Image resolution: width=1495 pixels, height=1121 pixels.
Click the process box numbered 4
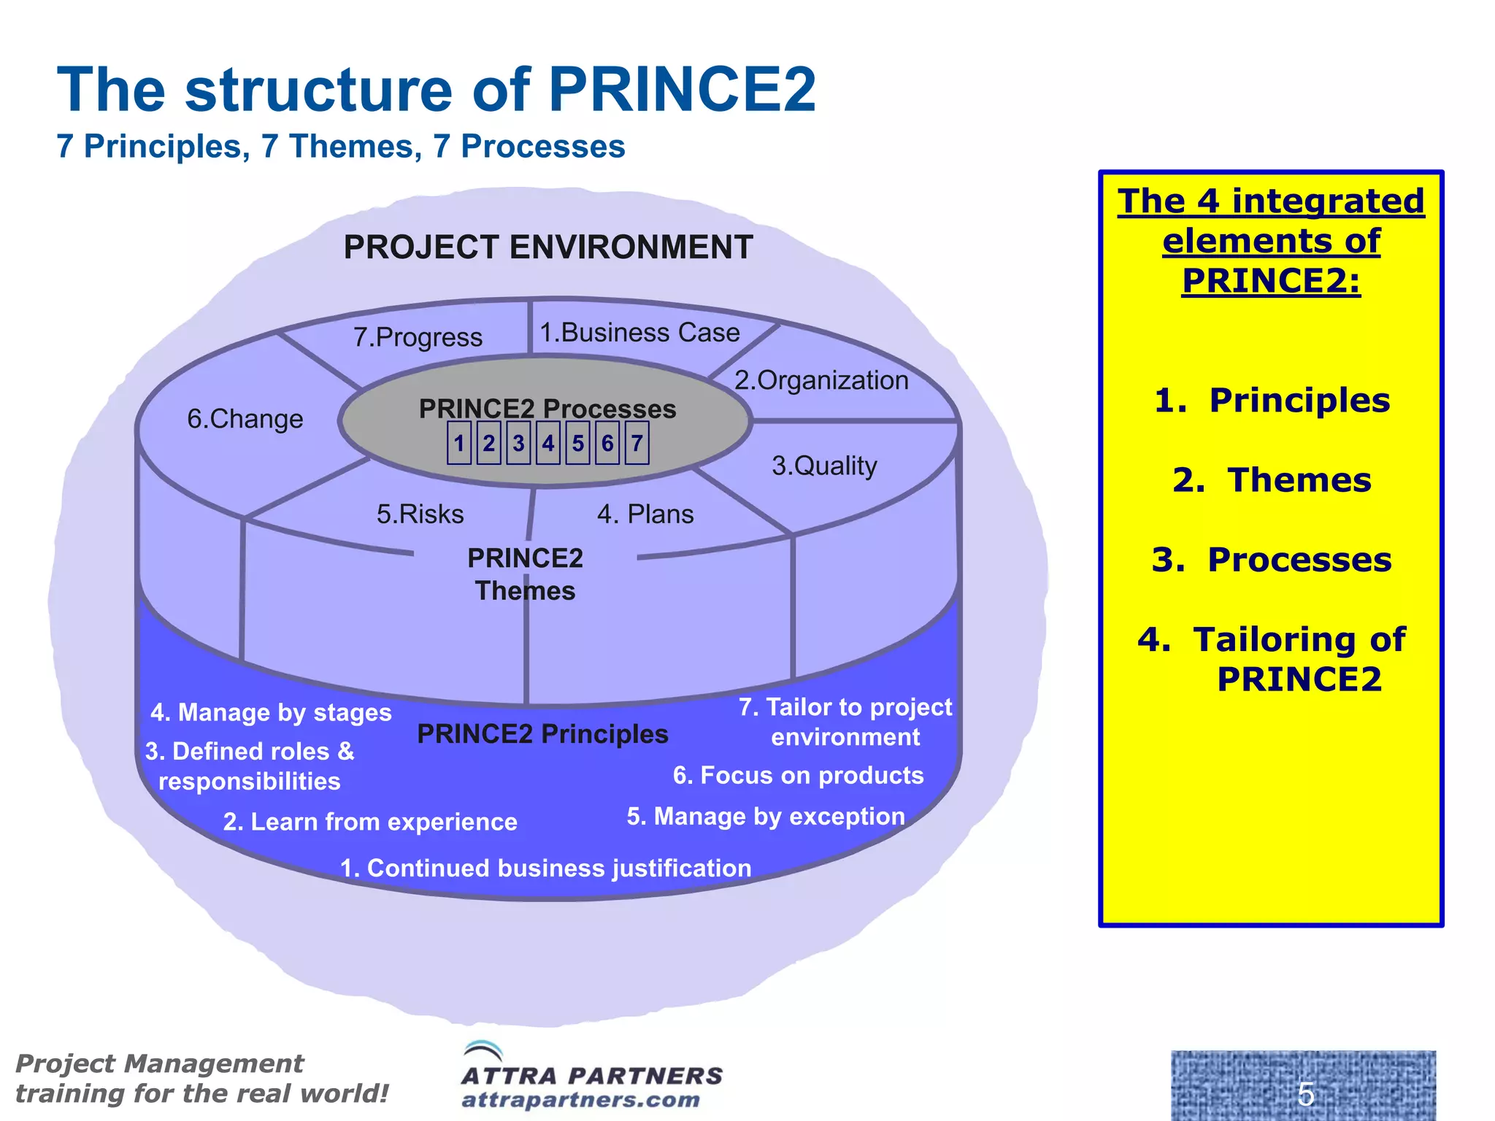(x=548, y=443)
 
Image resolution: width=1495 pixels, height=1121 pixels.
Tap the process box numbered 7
(x=637, y=443)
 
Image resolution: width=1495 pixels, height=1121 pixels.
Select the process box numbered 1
(x=459, y=443)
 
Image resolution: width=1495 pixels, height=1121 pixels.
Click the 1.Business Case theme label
(x=639, y=333)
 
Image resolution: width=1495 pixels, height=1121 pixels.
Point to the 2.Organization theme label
(x=821, y=380)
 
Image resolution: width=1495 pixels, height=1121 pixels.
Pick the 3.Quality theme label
(x=824, y=466)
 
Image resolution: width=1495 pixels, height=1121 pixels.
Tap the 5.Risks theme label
(x=420, y=515)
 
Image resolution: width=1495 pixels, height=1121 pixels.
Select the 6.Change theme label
(x=245, y=419)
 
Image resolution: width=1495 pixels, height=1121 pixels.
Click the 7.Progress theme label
(x=418, y=337)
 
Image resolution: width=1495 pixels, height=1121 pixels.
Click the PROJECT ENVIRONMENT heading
(x=548, y=247)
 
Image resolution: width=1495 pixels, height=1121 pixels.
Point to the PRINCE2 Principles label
(x=542, y=734)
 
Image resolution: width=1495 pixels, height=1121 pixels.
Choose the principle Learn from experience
(x=370, y=822)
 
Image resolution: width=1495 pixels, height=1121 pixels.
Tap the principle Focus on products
(x=798, y=775)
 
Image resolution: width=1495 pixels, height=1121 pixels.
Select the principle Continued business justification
(x=545, y=868)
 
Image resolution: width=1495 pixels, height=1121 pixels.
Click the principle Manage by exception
(x=766, y=816)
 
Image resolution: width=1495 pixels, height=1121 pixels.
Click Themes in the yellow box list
(x=1272, y=480)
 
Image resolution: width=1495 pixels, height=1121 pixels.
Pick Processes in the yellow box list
(x=1272, y=560)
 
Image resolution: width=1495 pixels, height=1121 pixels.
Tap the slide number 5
(x=1306, y=1094)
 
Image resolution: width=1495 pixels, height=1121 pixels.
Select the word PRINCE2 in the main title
(x=682, y=90)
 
